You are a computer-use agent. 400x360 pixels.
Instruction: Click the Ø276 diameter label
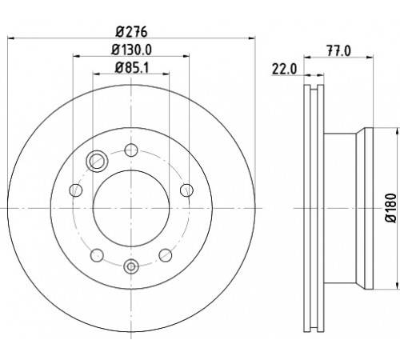click(x=131, y=32)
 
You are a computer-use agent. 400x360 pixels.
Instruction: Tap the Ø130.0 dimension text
click(x=131, y=50)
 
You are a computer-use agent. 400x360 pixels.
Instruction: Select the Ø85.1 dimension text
click(x=131, y=67)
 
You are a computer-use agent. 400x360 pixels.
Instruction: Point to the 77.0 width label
click(x=339, y=51)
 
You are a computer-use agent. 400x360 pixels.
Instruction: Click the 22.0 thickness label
click(x=284, y=70)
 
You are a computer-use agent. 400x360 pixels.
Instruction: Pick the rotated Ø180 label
click(x=391, y=208)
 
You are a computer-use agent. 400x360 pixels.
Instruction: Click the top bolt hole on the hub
click(x=131, y=150)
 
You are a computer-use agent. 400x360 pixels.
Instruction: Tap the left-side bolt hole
click(x=76, y=190)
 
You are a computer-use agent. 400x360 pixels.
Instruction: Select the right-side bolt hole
click(x=186, y=190)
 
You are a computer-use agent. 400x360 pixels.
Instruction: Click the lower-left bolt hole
click(x=97, y=255)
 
